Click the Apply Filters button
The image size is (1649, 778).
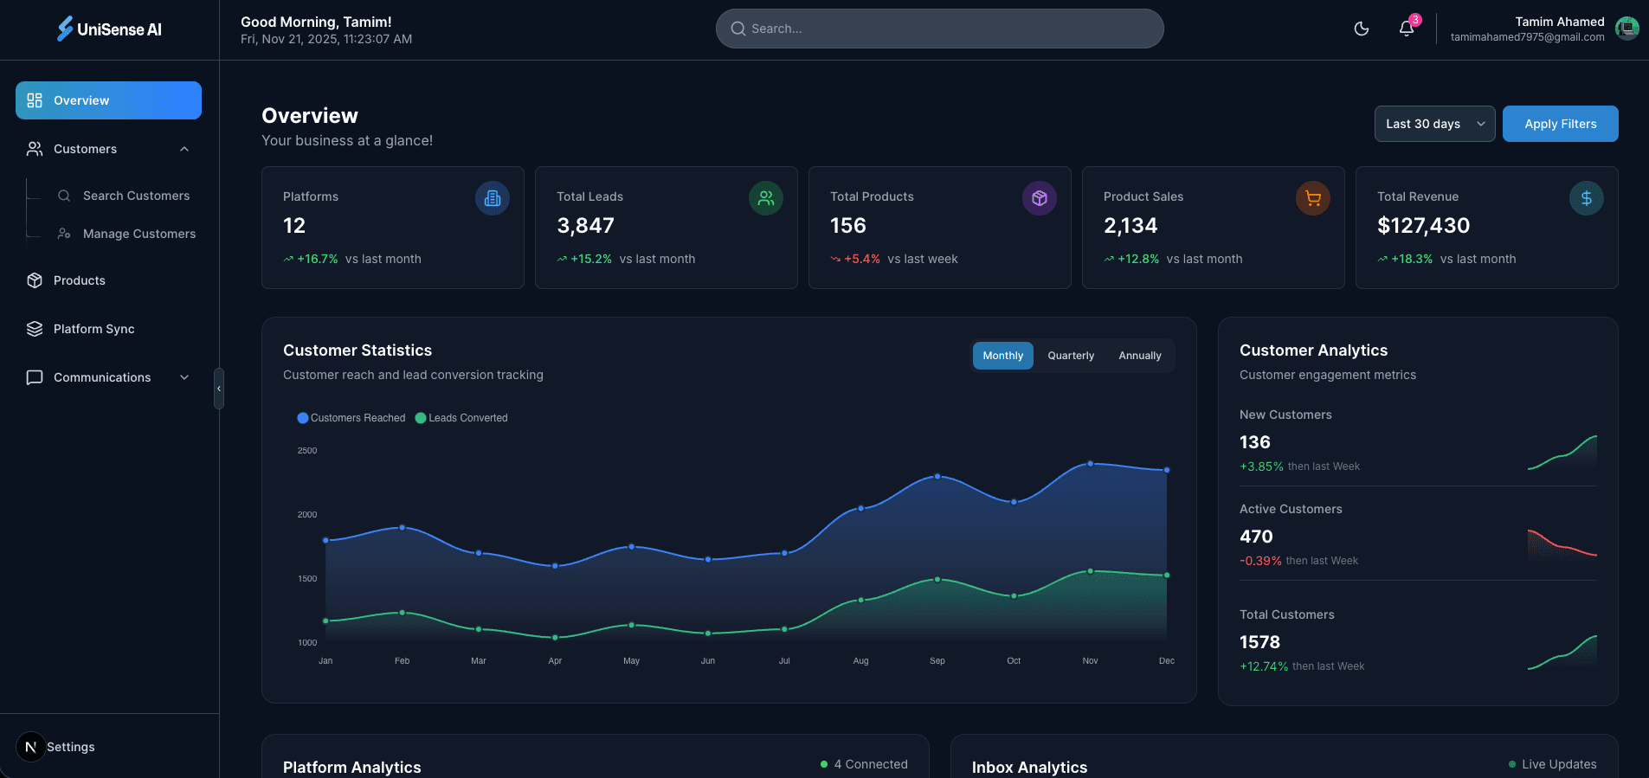point(1560,124)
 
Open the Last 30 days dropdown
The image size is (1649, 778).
point(1433,124)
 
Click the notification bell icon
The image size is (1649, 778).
point(1406,29)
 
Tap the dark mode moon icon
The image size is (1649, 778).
point(1361,29)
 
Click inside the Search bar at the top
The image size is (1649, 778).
point(939,29)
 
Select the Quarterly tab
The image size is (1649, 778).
point(1071,356)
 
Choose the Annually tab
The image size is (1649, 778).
point(1139,356)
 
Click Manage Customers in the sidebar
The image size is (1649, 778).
point(138,234)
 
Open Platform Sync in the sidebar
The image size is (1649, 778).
point(93,329)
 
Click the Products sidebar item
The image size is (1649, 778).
point(79,280)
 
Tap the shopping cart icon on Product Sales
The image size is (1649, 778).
point(1312,198)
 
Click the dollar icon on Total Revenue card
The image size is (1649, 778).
point(1586,198)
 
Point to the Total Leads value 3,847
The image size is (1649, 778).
point(585,226)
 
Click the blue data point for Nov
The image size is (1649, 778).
point(1090,464)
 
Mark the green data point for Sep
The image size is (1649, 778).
point(937,580)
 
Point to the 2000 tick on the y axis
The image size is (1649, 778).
point(307,515)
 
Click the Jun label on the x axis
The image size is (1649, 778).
point(707,661)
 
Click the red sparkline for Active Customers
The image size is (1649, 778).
point(1562,544)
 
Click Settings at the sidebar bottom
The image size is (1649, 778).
point(70,747)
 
